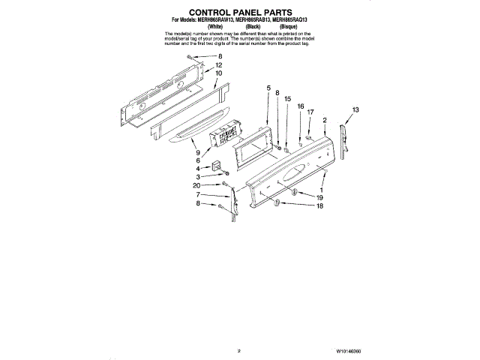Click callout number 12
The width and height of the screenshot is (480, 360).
tap(219, 65)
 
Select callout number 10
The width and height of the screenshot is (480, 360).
tap(219, 74)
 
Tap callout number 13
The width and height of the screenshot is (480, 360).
tap(355, 110)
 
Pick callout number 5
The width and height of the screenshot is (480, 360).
tap(268, 88)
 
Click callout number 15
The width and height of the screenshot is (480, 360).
tap(287, 98)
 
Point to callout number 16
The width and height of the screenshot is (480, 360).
tap(300, 107)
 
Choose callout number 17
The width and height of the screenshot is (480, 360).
tap(310, 112)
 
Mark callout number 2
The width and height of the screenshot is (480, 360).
tap(324, 120)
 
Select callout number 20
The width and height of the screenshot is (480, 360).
tap(196, 185)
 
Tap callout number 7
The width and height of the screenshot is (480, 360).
tap(199, 195)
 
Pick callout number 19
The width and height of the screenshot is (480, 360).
tap(319, 197)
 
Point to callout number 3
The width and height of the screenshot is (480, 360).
tap(199, 177)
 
